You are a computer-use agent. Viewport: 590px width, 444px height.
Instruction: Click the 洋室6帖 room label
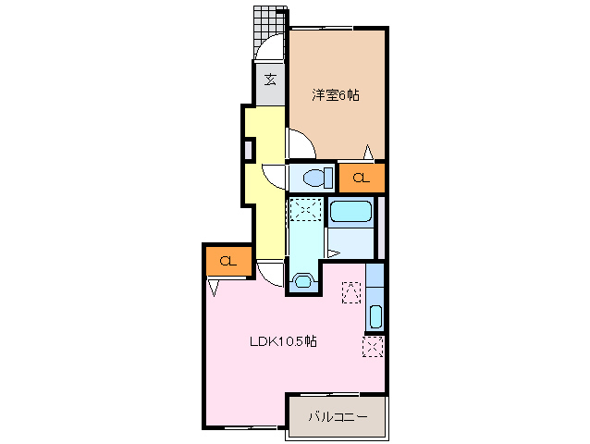pyautogui.click(x=335, y=94)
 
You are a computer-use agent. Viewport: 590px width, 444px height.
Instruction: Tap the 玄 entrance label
pyautogui.click(x=270, y=80)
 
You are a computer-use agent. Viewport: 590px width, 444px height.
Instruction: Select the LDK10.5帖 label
pyautogui.click(x=283, y=341)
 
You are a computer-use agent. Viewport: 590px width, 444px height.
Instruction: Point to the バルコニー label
pyautogui.click(x=338, y=416)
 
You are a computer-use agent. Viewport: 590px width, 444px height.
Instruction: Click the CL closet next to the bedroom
pyautogui.click(x=361, y=177)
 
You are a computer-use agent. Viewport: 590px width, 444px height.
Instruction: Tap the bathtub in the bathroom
pyautogui.click(x=350, y=211)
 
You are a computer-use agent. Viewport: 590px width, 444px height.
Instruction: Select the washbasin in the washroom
pyautogui.click(x=302, y=280)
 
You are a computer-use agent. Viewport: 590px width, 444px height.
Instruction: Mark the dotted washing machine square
pyautogui.click(x=303, y=210)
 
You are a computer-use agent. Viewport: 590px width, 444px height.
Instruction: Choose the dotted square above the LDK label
pyautogui.click(x=351, y=291)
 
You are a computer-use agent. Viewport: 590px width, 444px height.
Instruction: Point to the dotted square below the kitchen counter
pyautogui.click(x=373, y=347)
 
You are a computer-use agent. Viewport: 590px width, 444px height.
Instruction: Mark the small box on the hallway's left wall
pyautogui.click(x=248, y=148)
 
